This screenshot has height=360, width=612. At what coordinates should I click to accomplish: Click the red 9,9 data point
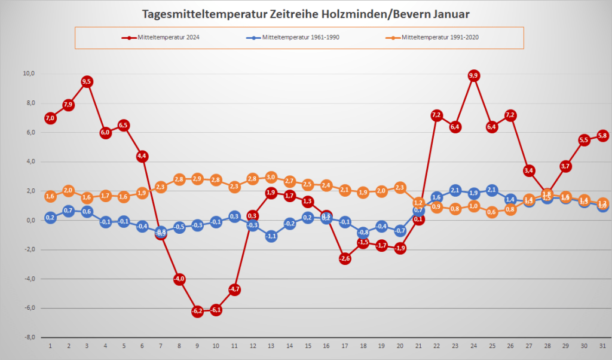[474, 75]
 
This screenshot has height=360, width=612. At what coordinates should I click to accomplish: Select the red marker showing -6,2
[197, 311]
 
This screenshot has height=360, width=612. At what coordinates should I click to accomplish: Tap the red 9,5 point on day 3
[87, 81]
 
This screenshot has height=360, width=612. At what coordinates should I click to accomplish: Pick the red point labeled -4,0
[179, 279]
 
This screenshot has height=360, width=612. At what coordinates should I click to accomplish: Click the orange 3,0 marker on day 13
[271, 177]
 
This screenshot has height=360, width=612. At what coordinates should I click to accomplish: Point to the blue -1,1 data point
[271, 236]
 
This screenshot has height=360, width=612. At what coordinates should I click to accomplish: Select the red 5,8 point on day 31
[603, 136]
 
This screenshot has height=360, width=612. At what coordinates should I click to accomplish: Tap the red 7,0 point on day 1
[50, 118]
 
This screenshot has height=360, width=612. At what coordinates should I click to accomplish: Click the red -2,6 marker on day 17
[345, 258]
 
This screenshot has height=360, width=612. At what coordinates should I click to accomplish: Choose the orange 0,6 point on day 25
[492, 212]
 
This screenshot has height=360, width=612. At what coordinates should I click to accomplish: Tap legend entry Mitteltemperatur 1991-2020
[440, 37]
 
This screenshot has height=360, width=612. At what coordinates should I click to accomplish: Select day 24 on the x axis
[474, 346]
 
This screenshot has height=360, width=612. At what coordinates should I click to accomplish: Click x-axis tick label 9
[197, 346]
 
